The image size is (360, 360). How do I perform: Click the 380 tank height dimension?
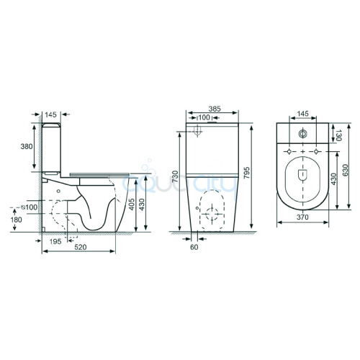[x=27, y=146]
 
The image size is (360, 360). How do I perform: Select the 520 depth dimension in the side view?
[x=80, y=247]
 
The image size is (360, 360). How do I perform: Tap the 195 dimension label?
[x=55, y=241]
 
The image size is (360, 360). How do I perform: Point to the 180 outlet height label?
[x=16, y=220]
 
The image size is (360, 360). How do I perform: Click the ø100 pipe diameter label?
[x=30, y=207]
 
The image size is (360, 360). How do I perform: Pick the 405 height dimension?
[x=132, y=204]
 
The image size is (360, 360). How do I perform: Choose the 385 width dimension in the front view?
[x=215, y=109]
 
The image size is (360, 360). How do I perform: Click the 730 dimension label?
[x=176, y=176]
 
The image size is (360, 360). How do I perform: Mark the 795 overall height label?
[x=246, y=173]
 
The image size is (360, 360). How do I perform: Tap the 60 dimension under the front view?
[x=194, y=247]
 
